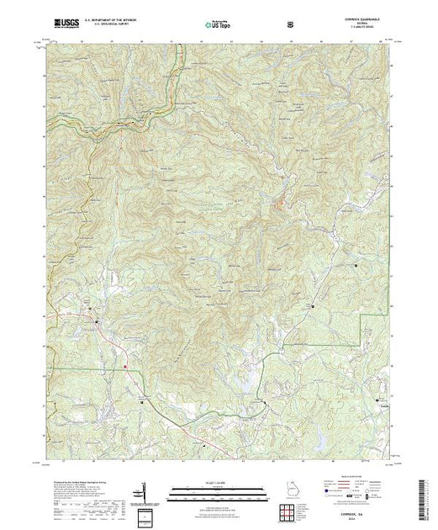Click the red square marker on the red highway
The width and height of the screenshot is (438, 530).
(126, 366)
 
